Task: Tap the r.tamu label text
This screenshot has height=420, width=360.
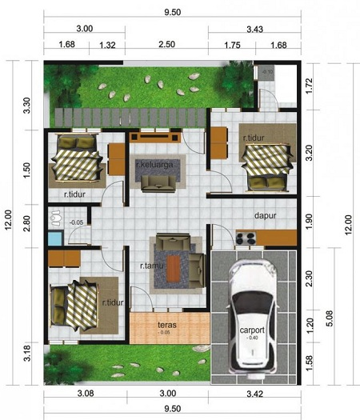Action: [152, 265]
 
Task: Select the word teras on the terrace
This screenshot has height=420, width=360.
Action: [166, 325]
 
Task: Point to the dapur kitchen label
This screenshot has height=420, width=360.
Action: [266, 215]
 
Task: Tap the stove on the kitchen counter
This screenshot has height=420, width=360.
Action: [246, 237]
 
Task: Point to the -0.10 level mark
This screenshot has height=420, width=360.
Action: [268, 72]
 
